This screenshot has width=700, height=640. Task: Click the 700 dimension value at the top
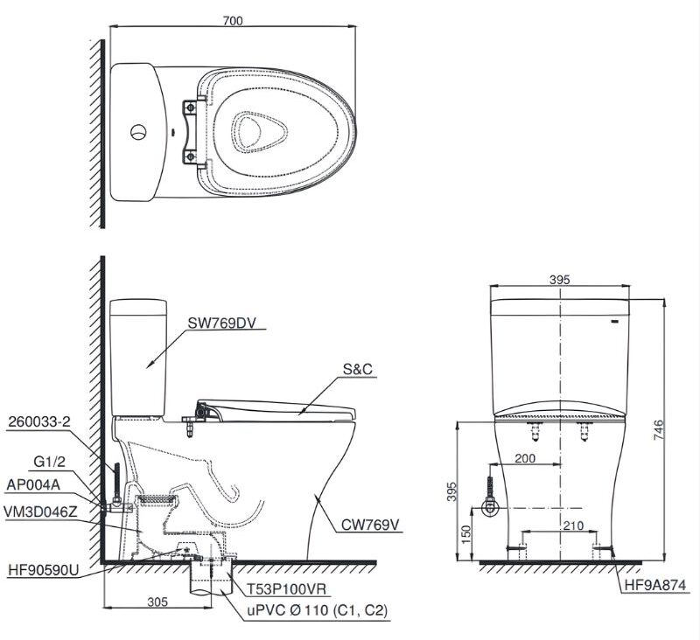click(x=233, y=20)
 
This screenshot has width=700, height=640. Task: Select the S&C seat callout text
click(x=358, y=369)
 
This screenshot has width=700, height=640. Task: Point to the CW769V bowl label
click(x=370, y=525)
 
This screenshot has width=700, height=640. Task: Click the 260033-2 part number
click(x=39, y=422)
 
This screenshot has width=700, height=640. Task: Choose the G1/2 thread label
click(x=50, y=462)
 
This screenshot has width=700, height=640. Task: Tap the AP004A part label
click(x=33, y=484)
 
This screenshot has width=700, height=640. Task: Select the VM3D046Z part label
click(x=40, y=512)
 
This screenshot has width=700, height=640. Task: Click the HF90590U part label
click(x=43, y=569)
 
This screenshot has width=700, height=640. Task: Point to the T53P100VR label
click(x=287, y=589)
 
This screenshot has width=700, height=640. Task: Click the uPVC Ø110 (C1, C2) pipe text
click(x=318, y=610)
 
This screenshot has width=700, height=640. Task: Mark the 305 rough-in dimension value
click(x=157, y=602)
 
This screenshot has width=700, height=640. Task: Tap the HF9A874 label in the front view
click(x=654, y=585)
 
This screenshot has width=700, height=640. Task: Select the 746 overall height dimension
click(x=659, y=430)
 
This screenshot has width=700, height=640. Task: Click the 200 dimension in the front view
click(x=525, y=458)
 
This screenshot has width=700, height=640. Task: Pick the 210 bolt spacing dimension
click(x=573, y=525)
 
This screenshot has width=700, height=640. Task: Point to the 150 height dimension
click(x=465, y=535)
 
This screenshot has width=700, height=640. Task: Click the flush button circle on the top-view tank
click(x=138, y=131)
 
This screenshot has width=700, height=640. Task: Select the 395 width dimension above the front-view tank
click(x=559, y=280)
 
